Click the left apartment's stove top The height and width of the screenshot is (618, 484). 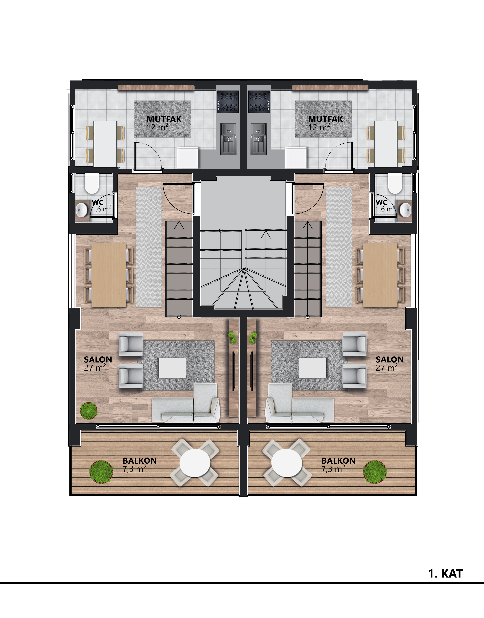tap(228, 101)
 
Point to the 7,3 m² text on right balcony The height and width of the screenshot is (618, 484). tap(333, 469)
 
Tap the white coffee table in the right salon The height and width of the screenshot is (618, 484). tap(313, 368)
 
